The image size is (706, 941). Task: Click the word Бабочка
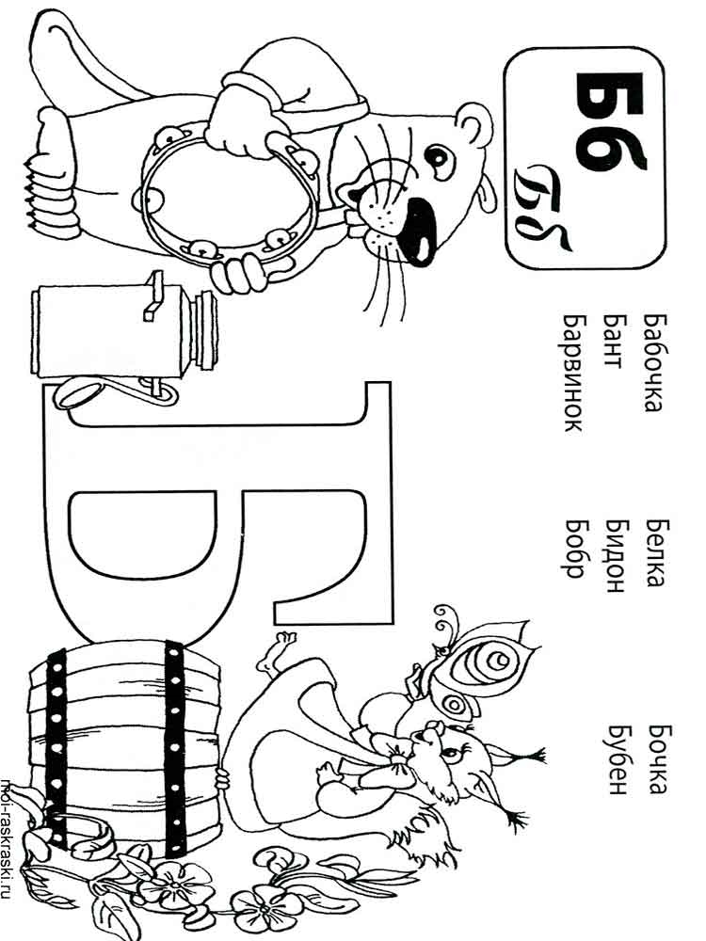(652, 362)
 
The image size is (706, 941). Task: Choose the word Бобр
(574, 548)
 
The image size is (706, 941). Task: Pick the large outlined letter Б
(217, 510)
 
